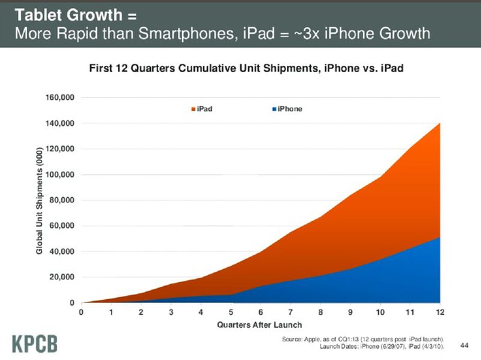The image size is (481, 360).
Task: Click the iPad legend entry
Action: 201,109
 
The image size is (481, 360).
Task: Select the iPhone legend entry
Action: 287,109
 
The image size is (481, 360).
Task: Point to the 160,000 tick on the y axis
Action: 60,97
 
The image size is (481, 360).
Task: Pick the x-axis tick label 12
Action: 440,313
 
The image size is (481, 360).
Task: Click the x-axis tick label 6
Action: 261,313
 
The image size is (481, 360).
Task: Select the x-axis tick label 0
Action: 81,313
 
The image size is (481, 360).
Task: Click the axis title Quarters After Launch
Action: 260,325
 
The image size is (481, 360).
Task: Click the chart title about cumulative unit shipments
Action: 245,68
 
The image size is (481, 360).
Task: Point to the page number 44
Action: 464,345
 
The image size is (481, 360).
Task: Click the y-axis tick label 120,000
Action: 60,148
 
